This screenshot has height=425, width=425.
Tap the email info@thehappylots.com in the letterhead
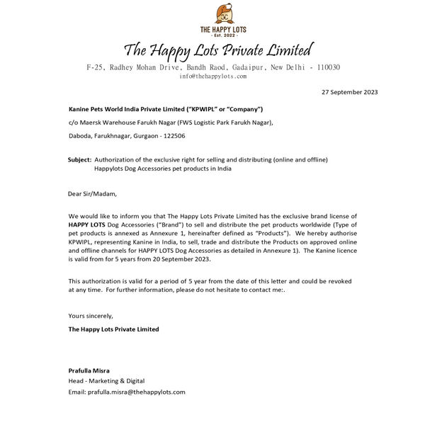click(212, 76)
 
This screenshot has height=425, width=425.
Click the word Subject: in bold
click(79, 159)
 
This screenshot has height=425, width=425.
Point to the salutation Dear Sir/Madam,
click(92, 193)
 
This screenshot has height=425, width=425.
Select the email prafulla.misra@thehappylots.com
click(127, 392)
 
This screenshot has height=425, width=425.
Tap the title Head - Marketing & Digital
click(106, 381)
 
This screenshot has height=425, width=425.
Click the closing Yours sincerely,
click(91, 315)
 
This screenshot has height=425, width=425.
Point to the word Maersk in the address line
click(96, 123)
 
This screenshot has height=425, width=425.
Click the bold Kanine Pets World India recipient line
click(166, 109)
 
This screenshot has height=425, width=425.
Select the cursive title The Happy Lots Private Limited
click(218, 50)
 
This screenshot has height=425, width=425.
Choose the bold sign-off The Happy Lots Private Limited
click(113, 329)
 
